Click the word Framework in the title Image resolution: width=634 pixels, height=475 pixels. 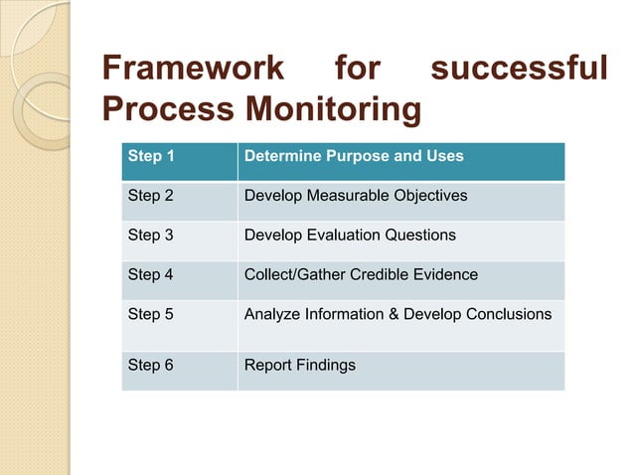pyautogui.click(x=194, y=70)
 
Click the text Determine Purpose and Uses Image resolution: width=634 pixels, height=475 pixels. pyautogui.click(x=354, y=156)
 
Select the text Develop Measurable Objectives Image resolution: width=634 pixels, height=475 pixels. pyautogui.click(x=355, y=196)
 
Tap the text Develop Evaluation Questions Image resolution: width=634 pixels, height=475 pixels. pyautogui.click(x=350, y=236)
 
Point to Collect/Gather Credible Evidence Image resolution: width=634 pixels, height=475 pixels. pyautogui.click(x=361, y=274)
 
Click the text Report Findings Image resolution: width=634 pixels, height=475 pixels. pyautogui.click(x=299, y=365)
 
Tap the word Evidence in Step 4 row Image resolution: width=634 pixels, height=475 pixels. pyautogui.click(x=446, y=274)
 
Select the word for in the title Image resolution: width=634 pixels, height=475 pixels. pyautogui.click(x=357, y=70)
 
